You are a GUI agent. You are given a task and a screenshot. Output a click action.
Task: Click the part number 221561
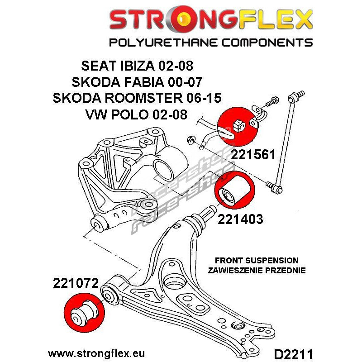[253, 154]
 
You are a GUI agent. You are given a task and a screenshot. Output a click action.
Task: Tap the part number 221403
[240, 219]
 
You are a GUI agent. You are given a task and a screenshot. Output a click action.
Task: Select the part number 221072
[76, 283]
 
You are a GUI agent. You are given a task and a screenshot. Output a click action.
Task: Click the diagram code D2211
[293, 354]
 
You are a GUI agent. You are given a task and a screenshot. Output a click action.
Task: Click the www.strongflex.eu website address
[96, 353]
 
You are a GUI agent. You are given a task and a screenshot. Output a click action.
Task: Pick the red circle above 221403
[235, 190]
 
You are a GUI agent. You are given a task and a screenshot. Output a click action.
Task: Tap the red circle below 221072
[84, 313]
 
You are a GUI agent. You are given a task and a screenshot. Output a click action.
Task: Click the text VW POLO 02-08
[137, 114]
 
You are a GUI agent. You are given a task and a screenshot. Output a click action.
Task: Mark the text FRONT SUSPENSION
[257, 261]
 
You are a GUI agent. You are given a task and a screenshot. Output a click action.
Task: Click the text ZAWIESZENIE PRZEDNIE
[257, 270]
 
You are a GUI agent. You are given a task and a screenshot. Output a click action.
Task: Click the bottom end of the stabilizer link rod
[279, 190]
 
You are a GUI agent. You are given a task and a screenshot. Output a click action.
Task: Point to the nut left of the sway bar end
[191, 140]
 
